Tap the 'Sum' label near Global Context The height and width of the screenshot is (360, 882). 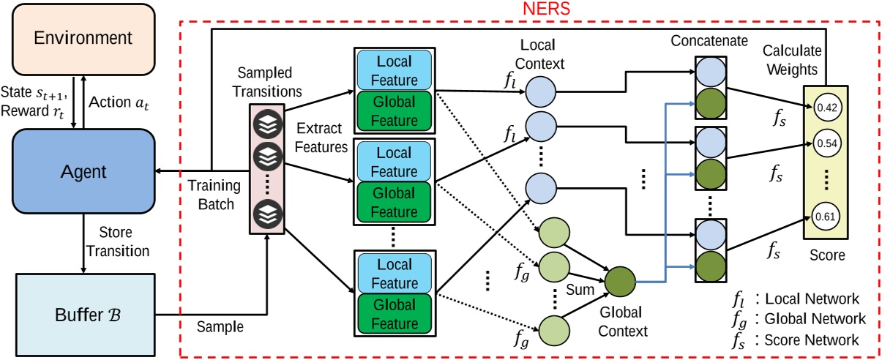click(577, 280)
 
